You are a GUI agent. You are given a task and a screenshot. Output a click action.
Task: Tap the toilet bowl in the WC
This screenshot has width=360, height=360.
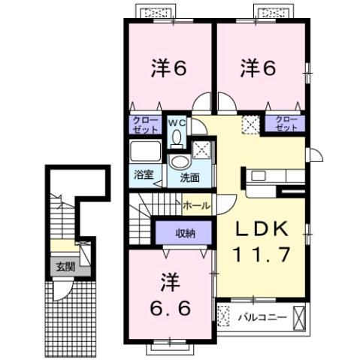click(176, 137)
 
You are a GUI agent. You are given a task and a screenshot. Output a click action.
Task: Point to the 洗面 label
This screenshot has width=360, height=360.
click(189, 178)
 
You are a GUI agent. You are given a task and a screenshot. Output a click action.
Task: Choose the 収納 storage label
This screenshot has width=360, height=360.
click(186, 233)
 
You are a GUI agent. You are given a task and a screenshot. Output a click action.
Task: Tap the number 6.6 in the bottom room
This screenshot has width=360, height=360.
click(169, 308)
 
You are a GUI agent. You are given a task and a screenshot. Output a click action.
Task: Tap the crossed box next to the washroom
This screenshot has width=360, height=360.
click(201, 147)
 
